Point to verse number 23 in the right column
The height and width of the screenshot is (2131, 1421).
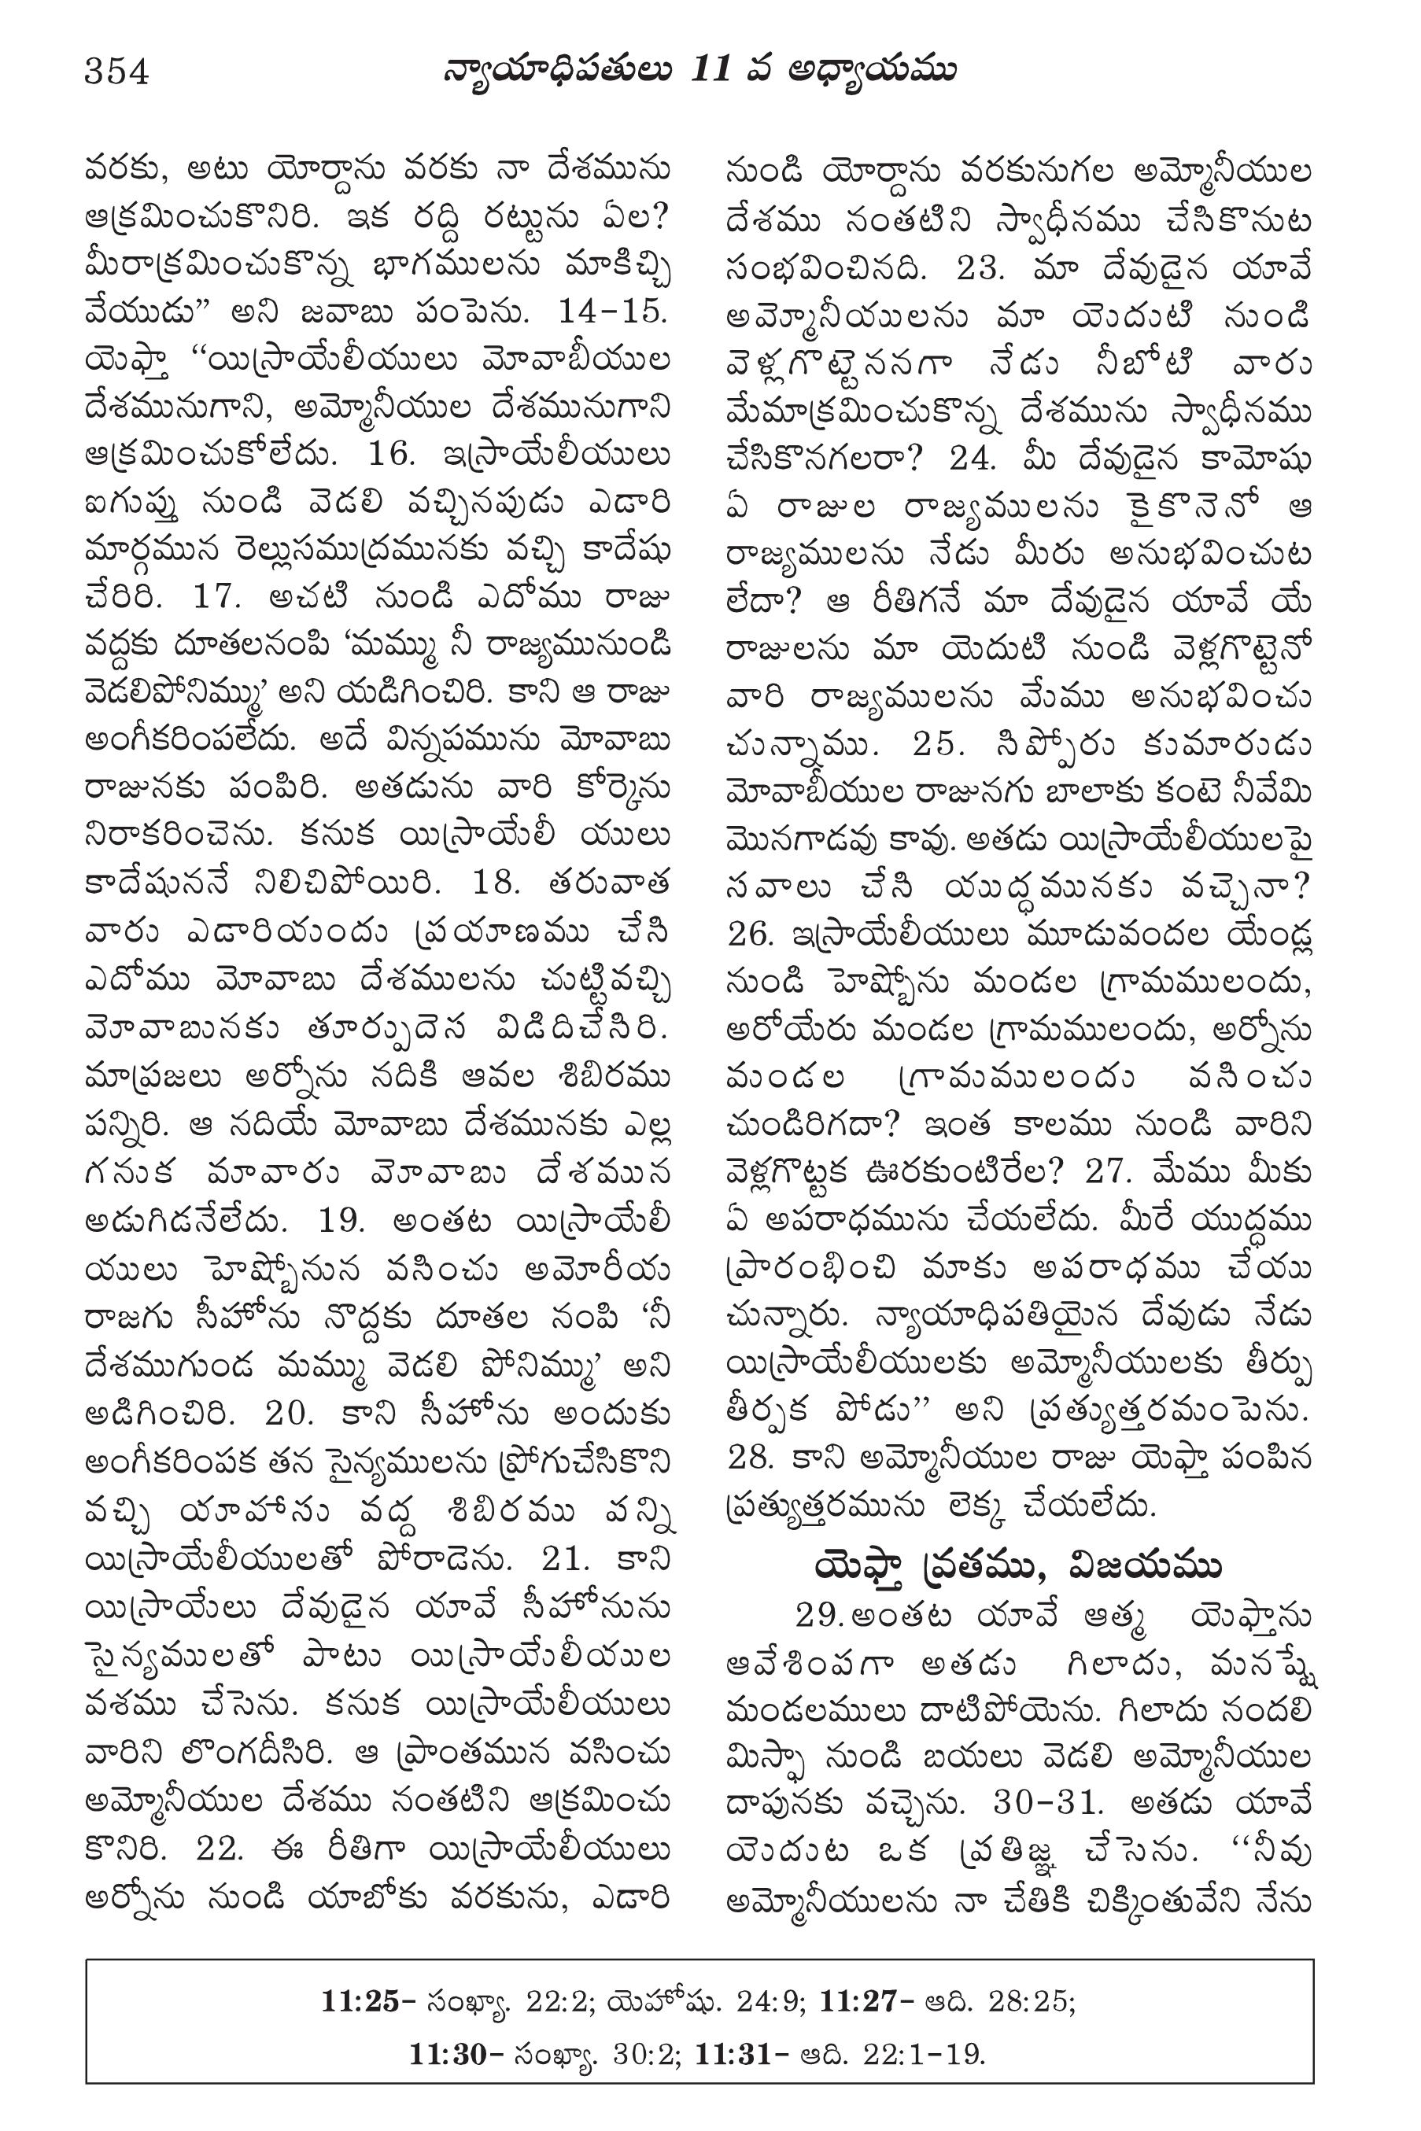pyautogui.click(x=981, y=269)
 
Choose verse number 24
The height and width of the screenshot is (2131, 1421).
pyautogui.click(x=973, y=459)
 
